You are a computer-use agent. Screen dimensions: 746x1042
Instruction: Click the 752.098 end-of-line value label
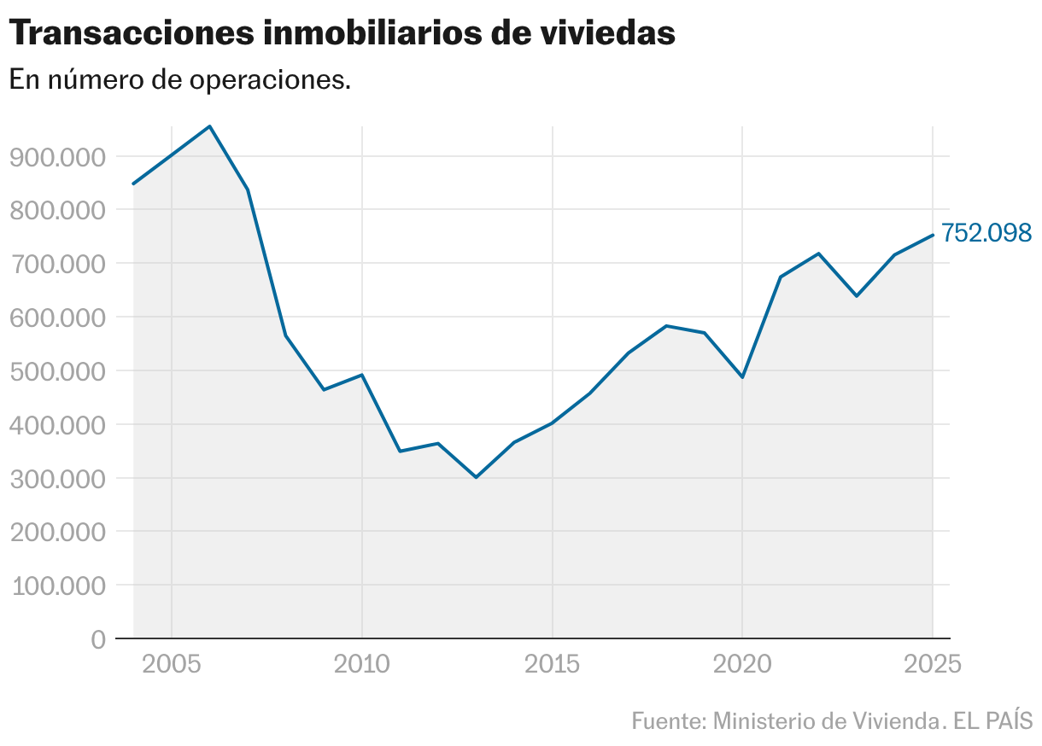tap(986, 233)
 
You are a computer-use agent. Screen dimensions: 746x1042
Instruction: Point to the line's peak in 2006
tap(210, 126)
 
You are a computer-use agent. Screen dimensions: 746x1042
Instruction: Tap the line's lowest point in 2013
tap(476, 477)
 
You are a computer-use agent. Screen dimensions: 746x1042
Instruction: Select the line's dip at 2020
tap(742, 377)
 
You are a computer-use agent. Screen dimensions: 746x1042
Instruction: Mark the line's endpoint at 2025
tap(932, 235)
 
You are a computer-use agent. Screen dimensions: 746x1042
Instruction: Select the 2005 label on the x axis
tap(172, 664)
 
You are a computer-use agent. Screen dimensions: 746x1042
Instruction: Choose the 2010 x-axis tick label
tap(362, 664)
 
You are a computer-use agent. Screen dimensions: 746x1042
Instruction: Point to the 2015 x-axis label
tap(553, 664)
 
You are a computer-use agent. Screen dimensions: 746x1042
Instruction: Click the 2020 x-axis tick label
tap(742, 664)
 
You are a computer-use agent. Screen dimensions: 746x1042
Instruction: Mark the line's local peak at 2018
tap(666, 326)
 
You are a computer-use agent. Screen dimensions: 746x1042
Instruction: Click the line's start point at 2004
tap(133, 184)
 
